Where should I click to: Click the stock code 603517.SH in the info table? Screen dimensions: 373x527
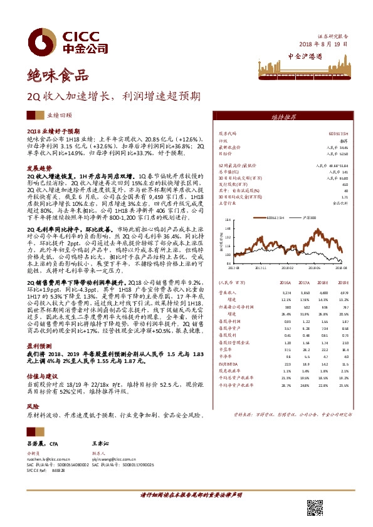[339, 133]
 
